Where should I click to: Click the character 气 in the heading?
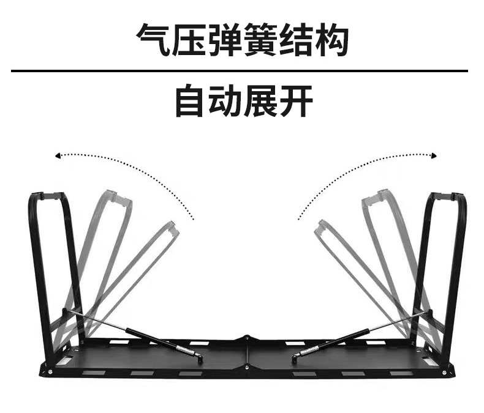pyautogui.click(x=153, y=41)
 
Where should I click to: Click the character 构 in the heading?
pyautogui.click(x=331, y=41)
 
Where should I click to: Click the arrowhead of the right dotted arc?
pyautogui.click(x=434, y=156)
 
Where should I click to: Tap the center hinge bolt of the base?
pyautogui.click(x=246, y=337)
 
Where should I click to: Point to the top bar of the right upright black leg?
pyautogui.click(x=448, y=196)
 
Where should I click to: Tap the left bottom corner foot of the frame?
pyautogui.click(x=47, y=369)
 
